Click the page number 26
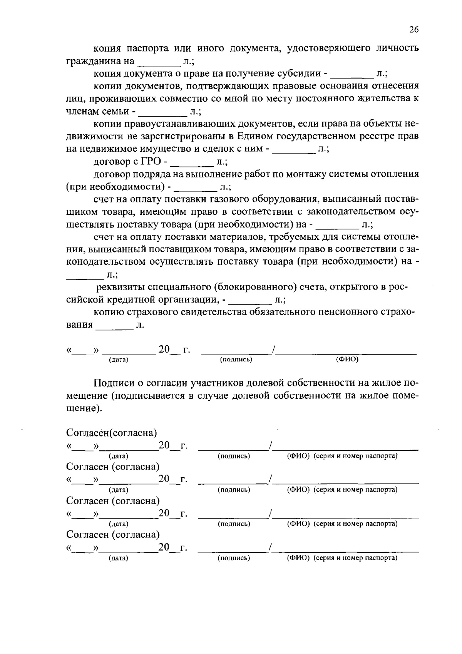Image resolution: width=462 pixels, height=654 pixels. coord(414,30)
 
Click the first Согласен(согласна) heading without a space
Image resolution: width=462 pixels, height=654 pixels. coord(112,433)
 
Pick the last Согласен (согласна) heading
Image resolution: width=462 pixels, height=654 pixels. coord(113,534)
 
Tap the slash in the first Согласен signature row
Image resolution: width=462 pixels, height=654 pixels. coord(271,446)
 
